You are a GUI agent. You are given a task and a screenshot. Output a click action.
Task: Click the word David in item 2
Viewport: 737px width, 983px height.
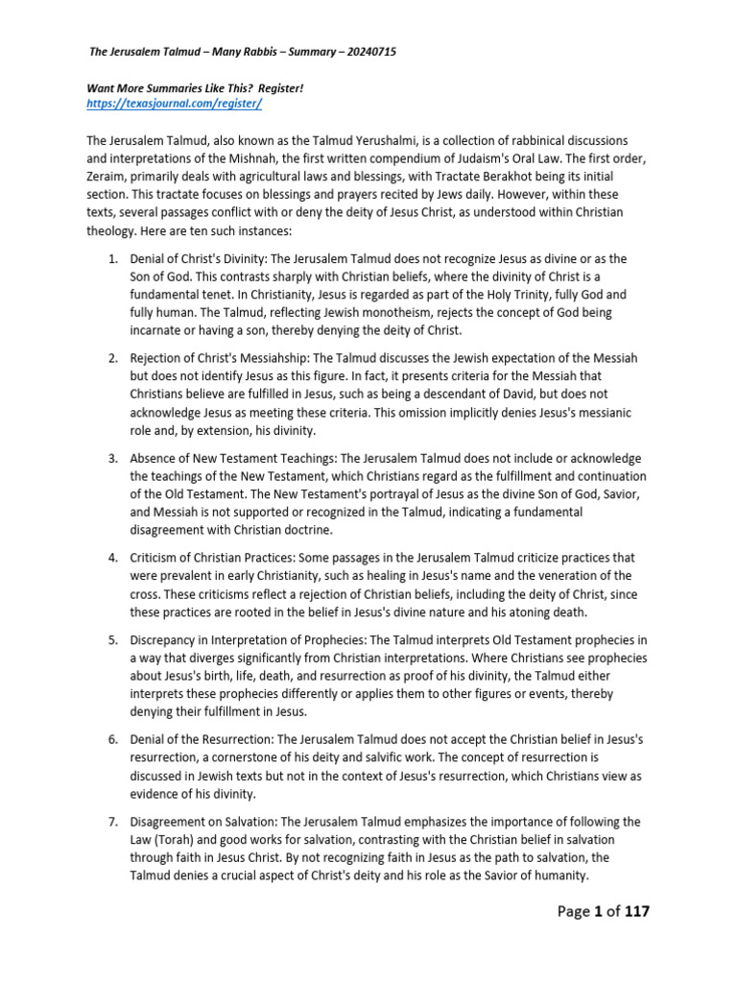487,395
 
